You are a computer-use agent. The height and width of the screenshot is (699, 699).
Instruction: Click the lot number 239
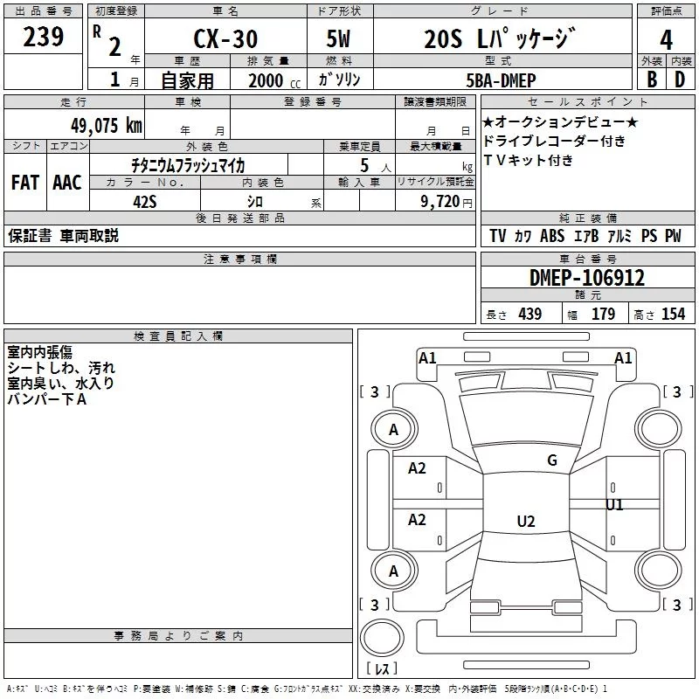click(43, 37)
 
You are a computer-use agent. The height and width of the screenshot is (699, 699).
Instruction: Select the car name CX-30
click(225, 38)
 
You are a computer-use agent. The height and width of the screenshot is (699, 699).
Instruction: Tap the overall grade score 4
click(666, 39)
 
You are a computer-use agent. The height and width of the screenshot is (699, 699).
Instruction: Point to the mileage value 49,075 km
click(106, 125)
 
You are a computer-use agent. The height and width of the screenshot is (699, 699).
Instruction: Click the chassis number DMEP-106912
click(586, 278)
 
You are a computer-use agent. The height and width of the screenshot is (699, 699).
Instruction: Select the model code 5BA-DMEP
click(501, 80)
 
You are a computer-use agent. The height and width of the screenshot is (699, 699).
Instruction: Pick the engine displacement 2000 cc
click(274, 80)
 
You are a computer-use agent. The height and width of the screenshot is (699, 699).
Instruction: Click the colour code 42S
click(145, 202)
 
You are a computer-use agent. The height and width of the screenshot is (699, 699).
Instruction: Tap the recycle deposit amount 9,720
click(440, 202)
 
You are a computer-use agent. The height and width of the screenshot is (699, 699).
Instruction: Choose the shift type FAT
click(25, 183)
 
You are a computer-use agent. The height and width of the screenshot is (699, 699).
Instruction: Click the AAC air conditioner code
click(67, 183)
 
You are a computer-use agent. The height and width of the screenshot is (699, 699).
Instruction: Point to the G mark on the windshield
click(552, 460)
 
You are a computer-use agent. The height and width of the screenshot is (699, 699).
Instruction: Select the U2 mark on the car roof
click(526, 521)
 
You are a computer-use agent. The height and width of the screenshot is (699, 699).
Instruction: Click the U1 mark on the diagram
click(614, 505)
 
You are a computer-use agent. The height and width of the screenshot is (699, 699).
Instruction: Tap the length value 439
click(530, 314)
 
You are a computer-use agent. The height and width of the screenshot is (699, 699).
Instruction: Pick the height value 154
click(673, 314)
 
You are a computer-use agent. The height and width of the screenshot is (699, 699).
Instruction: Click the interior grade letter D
click(680, 80)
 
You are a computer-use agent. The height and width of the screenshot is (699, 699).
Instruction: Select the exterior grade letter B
click(652, 80)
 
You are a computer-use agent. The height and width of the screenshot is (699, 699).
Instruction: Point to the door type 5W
click(338, 38)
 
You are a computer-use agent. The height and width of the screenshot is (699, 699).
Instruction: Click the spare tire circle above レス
click(382, 638)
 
